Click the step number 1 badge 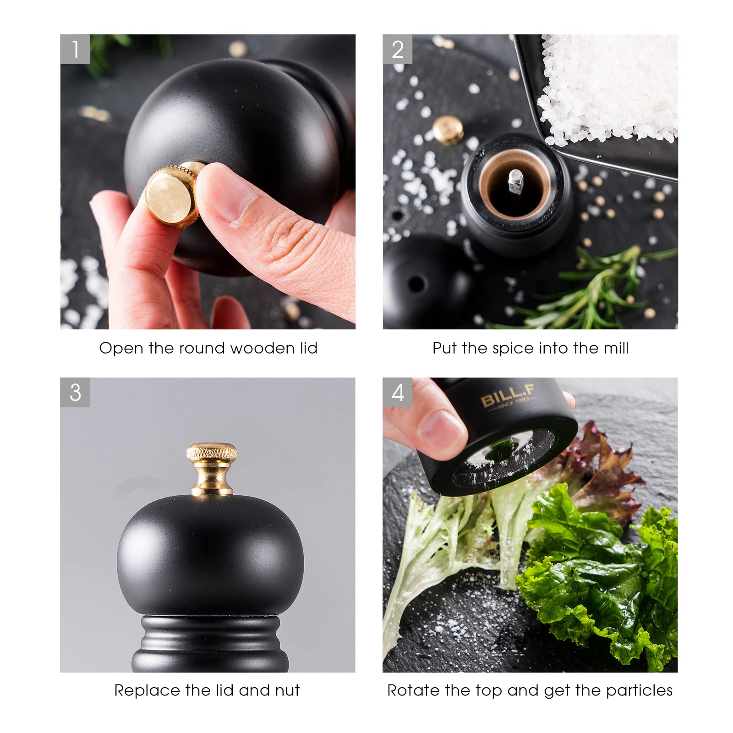[75, 49]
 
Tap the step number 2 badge [398, 49]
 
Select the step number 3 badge [75, 392]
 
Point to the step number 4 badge [398, 392]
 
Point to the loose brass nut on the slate [448, 130]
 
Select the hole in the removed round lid [416, 284]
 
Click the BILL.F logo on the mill [508, 397]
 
